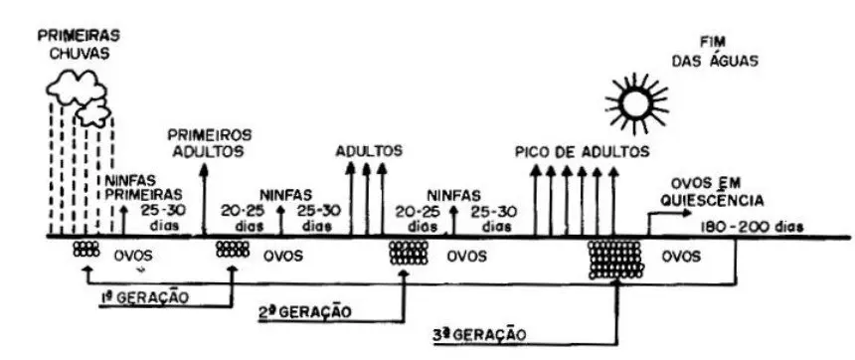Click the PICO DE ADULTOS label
[x=583, y=152]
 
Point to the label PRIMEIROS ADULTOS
[x=209, y=141]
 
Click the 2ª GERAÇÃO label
[x=303, y=311]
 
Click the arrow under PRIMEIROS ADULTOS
[x=205, y=199]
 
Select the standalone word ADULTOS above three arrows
[x=369, y=151]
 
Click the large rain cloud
[x=70, y=90]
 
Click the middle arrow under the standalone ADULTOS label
[x=367, y=199]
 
